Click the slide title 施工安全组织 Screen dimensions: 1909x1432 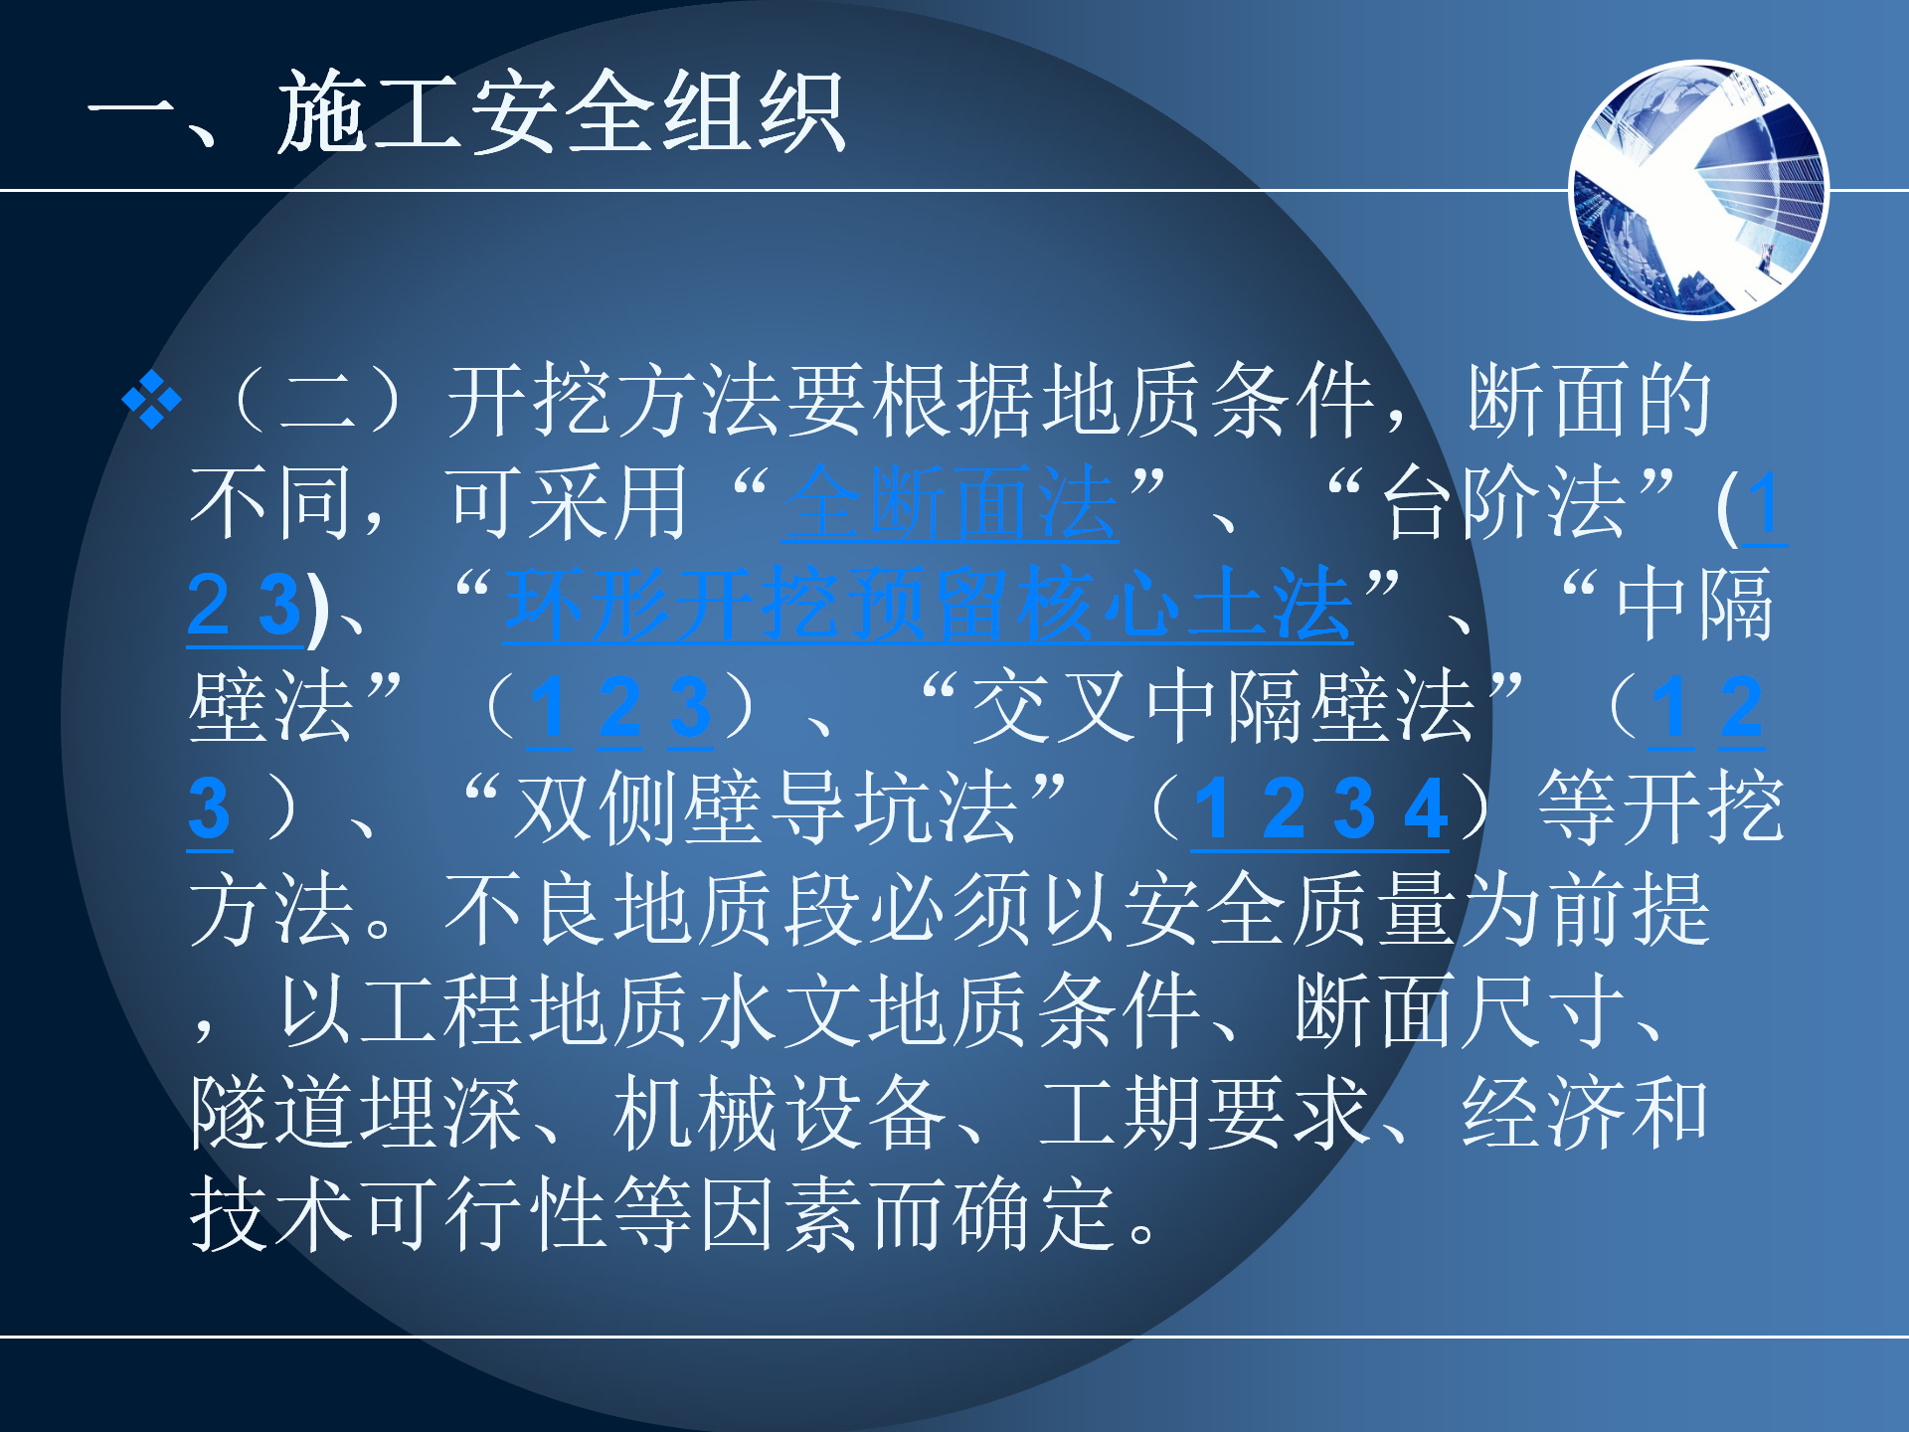point(561,112)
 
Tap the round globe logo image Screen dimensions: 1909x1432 point(1698,190)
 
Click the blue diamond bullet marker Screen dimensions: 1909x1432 point(151,400)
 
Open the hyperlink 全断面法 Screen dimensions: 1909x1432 point(951,503)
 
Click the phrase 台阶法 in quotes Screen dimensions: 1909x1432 point(1505,503)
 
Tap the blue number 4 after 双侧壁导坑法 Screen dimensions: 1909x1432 point(1425,809)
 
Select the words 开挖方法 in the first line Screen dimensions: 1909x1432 point(615,400)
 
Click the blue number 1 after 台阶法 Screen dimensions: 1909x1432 point(1765,505)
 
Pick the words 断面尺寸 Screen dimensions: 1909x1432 point(1462,1010)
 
